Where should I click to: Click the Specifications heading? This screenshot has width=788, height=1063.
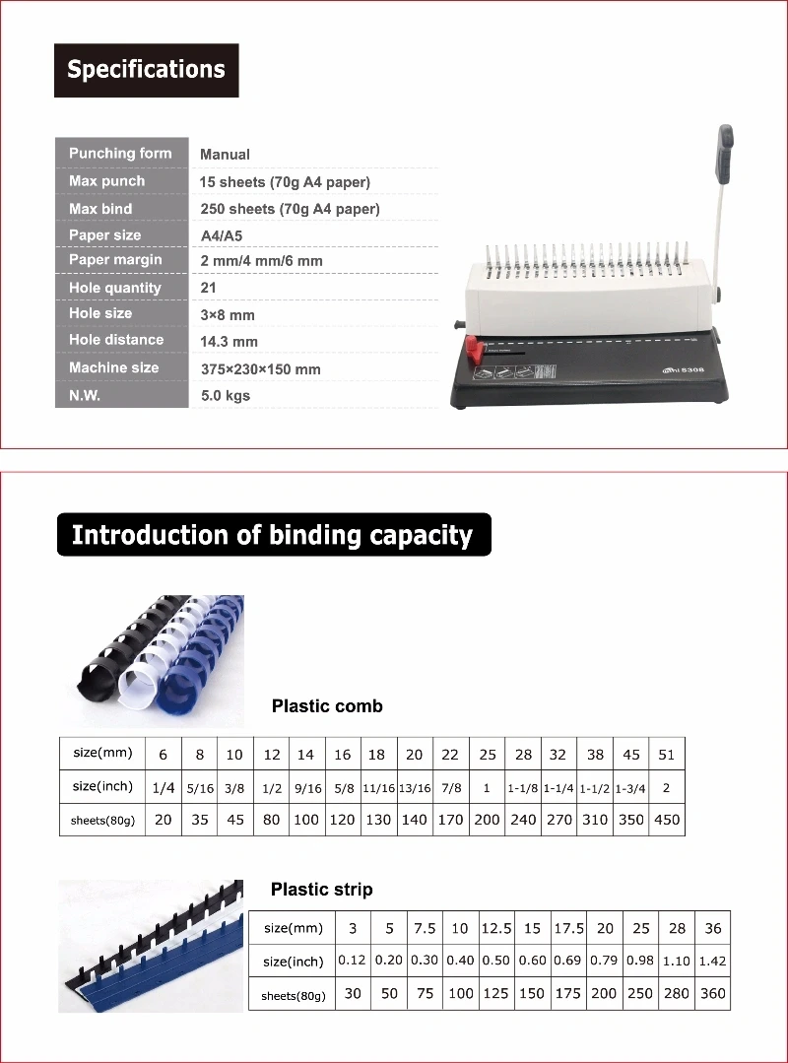point(146,70)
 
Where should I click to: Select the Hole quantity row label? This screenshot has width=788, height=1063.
point(114,288)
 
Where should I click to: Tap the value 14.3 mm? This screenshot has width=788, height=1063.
point(229,341)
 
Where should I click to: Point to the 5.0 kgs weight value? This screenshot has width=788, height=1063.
point(225,396)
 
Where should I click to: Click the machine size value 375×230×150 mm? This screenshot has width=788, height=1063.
point(260,369)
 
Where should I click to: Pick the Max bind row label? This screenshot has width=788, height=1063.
point(100,209)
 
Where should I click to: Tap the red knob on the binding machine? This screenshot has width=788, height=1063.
point(476,349)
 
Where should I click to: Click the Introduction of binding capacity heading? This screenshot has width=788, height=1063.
point(273,535)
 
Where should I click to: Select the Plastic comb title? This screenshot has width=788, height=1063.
point(327,706)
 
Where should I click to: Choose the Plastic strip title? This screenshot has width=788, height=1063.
point(322,890)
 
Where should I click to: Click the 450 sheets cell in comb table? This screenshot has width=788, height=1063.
point(667,820)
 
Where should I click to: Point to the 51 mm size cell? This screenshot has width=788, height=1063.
point(667,755)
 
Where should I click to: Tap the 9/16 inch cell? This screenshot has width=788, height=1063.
point(306,787)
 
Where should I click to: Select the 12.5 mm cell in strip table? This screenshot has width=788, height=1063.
point(496,928)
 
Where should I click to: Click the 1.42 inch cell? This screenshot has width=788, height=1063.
point(712,961)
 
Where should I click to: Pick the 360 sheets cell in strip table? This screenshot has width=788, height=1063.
point(712,993)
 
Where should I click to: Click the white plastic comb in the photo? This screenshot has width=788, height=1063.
point(149,670)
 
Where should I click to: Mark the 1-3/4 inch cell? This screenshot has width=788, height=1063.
point(631,787)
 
